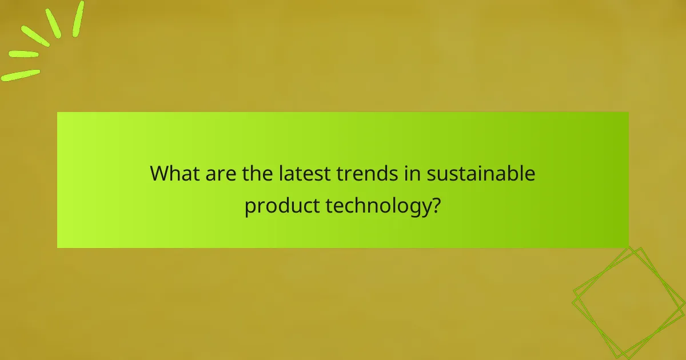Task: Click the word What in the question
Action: [171, 173]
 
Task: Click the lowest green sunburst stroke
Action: [21, 75]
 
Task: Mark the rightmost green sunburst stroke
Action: [78, 19]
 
